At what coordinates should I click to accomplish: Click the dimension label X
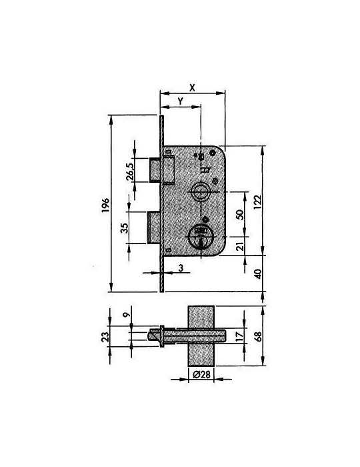pyautogui.click(x=193, y=87)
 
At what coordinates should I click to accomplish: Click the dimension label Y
pyautogui.click(x=180, y=101)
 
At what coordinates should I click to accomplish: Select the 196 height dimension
pyautogui.click(x=105, y=205)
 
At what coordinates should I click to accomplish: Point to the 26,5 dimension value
pyautogui.click(x=130, y=172)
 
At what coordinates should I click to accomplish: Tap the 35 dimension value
pyautogui.click(x=125, y=228)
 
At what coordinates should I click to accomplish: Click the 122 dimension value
pyautogui.click(x=257, y=201)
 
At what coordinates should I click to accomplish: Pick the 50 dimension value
pyautogui.click(x=240, y=214)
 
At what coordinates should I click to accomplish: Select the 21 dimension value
pyautogui.click(x=240, y=246)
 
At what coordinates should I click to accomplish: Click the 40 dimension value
pyautogui.click(x=257, y=274)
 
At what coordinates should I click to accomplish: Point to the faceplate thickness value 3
pyautogui.click(x=181, y=268)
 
